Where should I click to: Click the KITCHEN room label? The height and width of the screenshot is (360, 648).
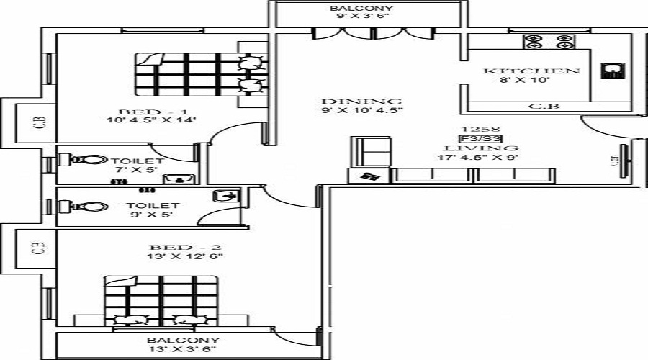click(x=531, y=71)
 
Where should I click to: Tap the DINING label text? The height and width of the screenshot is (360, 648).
click(x=361, y=101)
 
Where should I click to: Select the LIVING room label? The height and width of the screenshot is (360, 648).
click(x=480, y=148)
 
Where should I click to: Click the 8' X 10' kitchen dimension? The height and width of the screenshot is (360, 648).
click(x=531, y=81)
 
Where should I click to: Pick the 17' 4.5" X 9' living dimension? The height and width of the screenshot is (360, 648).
click(x=480, y=157)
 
